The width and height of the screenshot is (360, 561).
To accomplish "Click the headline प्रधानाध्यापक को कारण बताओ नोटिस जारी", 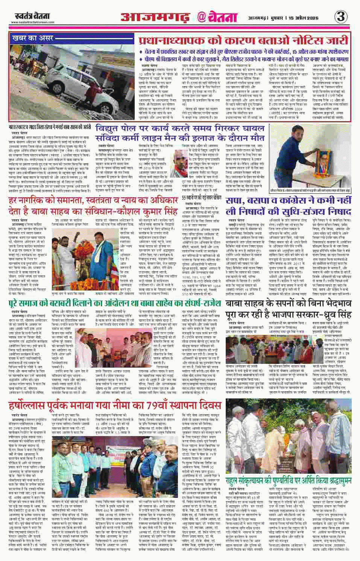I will click(x=243, y=41).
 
